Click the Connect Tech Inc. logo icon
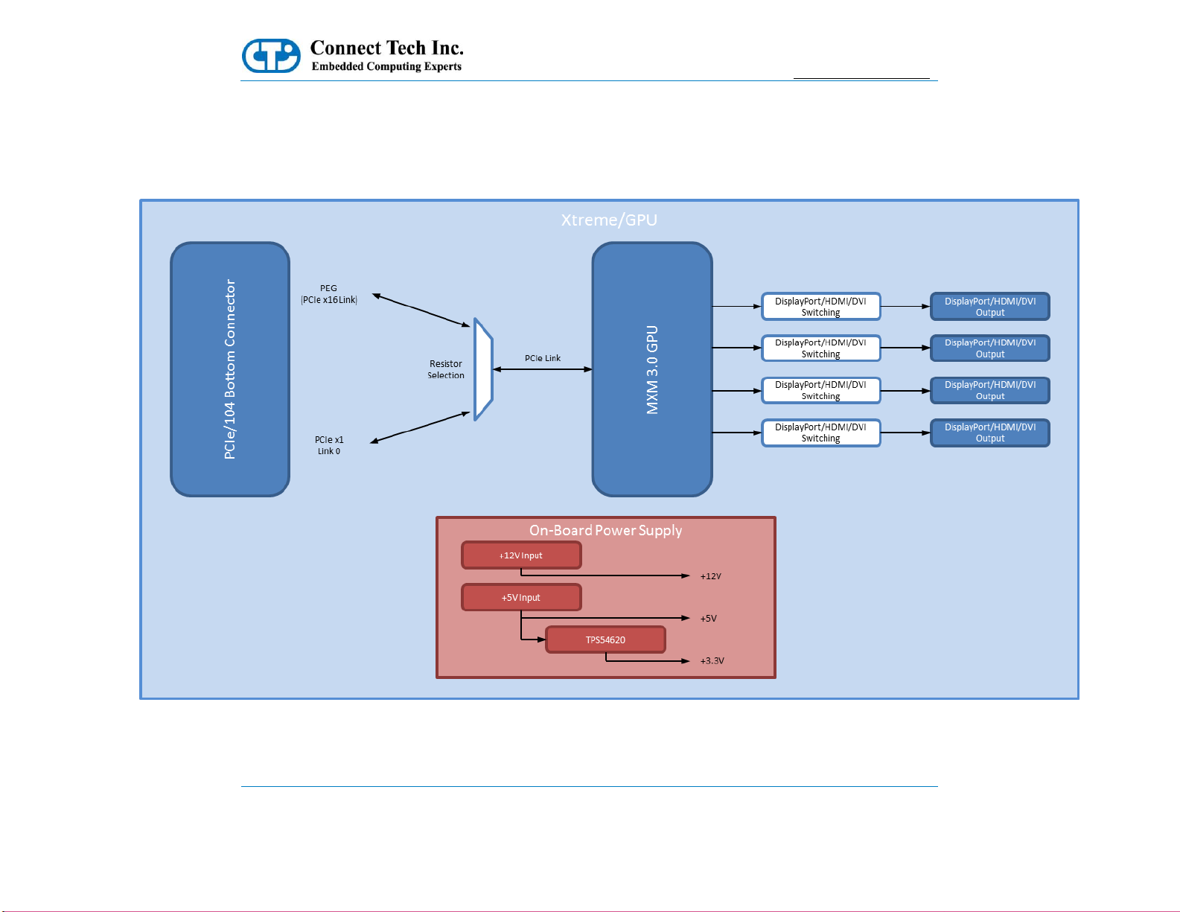(x=271, y=55)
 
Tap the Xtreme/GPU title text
(x=609, y=220)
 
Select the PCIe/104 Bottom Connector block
(x=230, y=369)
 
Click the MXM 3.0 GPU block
(x=651, y=369)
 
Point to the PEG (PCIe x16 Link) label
(x=328, y=293)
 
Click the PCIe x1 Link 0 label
(x=329, y=445)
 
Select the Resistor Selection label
(x=445, y=369)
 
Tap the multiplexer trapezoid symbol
(x=482, y=369)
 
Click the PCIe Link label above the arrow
(x=543, y=358)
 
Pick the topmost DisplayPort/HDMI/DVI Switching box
(x=820, y=307)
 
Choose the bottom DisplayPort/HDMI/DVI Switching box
(x=820, y=433)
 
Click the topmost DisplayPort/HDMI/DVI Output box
(x=989, y=307)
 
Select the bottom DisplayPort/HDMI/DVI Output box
(x=989, y=433)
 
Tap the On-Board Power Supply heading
(x=605, y=530)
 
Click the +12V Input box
(x=521, y=555)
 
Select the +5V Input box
(x=521, y=597)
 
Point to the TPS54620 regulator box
(x=605, y=640)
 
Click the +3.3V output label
(x=712, y=660)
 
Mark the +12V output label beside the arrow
(x=710, y=576)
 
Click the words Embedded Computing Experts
(x=386, y=66)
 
